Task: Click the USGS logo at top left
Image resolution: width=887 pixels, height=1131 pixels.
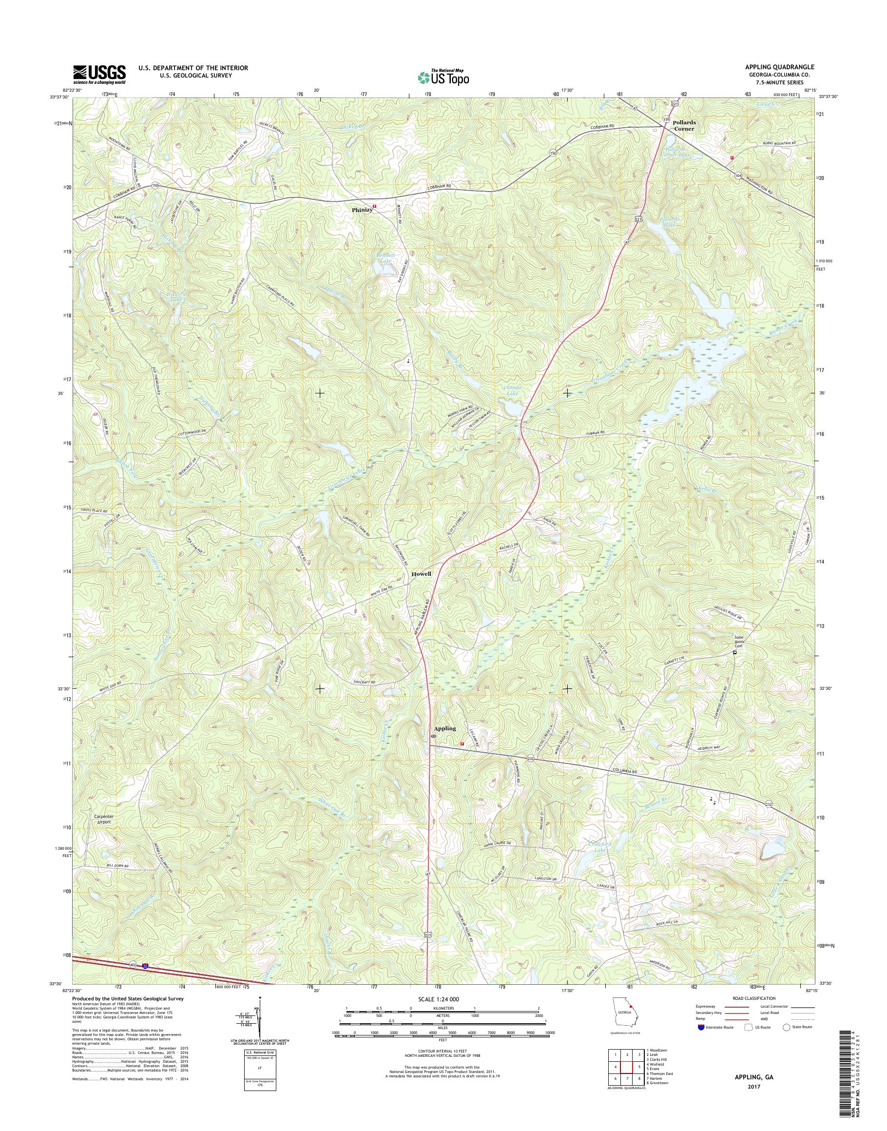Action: (x=99, y=75)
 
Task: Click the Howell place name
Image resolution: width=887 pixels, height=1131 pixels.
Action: (x=421, y=574)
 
